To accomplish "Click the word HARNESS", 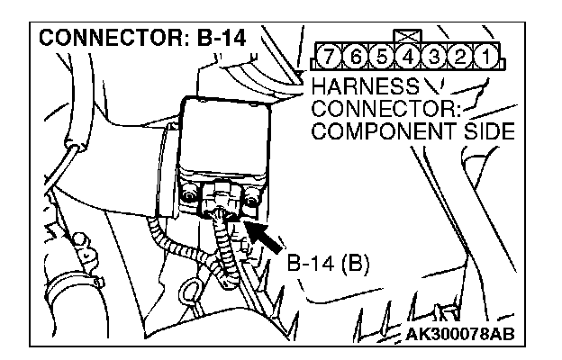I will pyautogui.click(x=363, y=88).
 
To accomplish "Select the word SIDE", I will pyautogui.click(x=483, y=131).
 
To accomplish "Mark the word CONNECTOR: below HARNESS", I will pyautogui.click(x=382, y=110).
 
